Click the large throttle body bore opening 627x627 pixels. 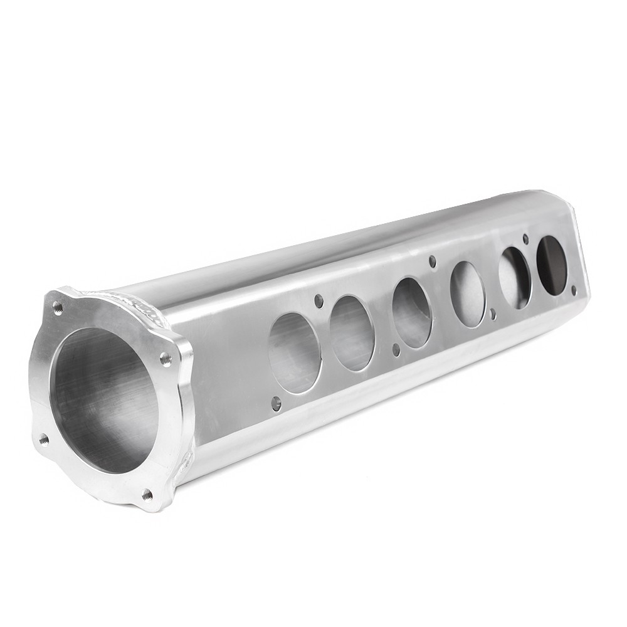pyautogui.click(x=103, y=401)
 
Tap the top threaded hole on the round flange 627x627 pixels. pyautogui.click(x=58, y=307)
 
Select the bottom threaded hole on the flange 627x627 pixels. pyautogui.click(x=147, y=494)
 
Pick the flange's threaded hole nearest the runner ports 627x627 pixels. pyautogui.click(x=166, y=359)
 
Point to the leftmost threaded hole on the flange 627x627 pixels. pyautogui.click(x=43, y=440)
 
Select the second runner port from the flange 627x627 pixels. pyautogui.click(x=352, y=333)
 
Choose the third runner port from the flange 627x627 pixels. pyautogui.click(x=412, y=312)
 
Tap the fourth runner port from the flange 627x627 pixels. pyautogui.click(x=468, y=293)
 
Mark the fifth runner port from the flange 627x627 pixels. pyautogui.click(x=515, y=277)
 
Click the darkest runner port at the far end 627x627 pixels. pyautogui.click(x=552, y=265)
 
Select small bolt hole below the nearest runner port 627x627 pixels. pyautogui.click(x=276, y=404)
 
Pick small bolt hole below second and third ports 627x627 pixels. pyautogui.click(x=396, y=350)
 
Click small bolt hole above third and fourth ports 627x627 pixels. pyautogui.click(x=432, y=261)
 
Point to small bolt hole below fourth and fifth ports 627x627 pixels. pyautogui.click(x=493, y=314)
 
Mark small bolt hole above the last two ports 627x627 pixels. pyautogui.click(x=525, y=239)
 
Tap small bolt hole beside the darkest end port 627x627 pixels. pyautogui.click(x=573, y=290)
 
